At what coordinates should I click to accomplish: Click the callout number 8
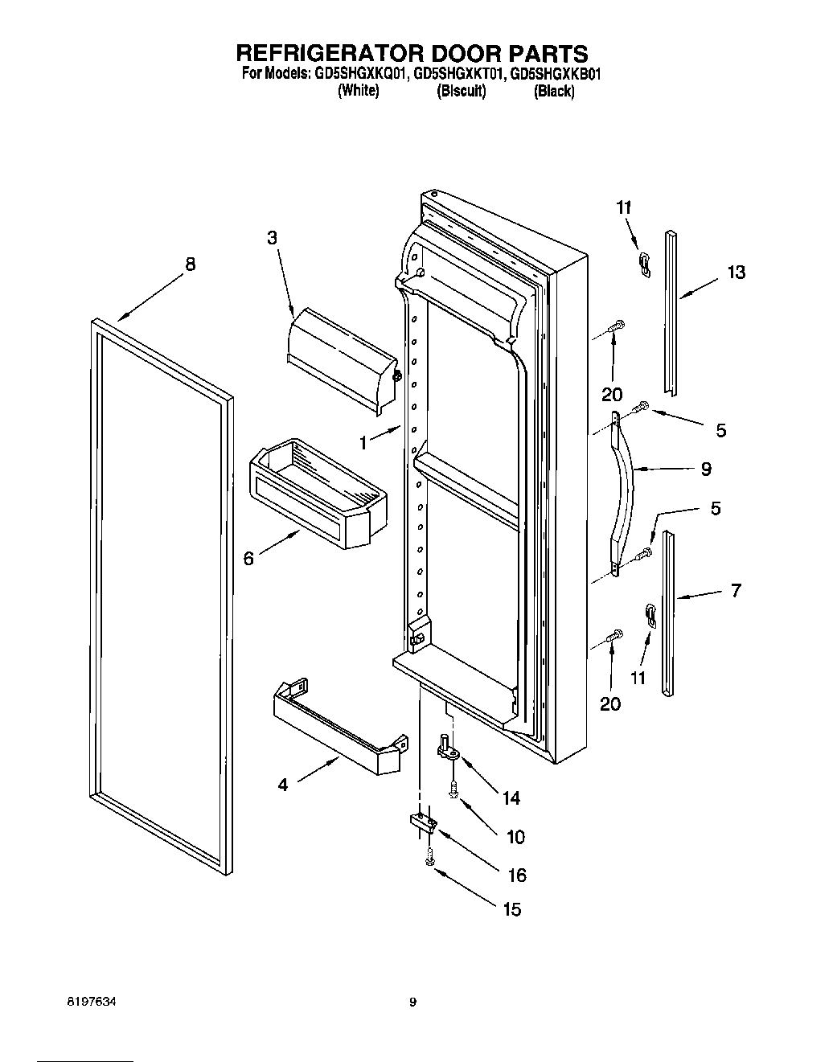pos(190,264)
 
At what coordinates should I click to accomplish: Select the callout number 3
pos(273,237)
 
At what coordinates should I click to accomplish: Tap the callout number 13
pos(736,273)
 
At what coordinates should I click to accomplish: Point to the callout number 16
pos(516,875)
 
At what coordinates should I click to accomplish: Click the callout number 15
pos(511,909)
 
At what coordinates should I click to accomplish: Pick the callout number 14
pos(511,798)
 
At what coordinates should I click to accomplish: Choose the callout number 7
pos(736,591)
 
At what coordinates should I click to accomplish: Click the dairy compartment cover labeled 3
pos(342,358)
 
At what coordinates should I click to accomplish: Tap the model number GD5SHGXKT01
pos(459,75)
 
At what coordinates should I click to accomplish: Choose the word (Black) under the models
pos(554,91)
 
